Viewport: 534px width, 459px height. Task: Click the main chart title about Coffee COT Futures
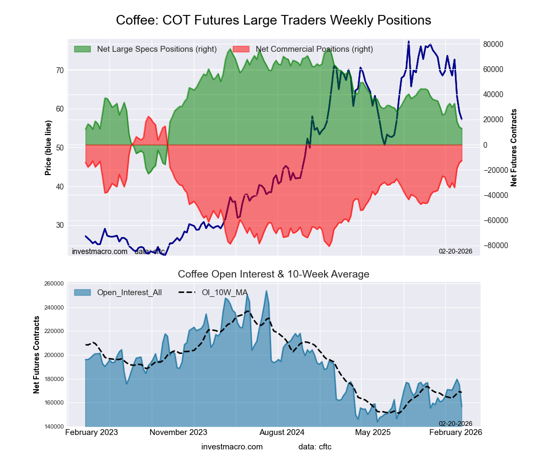(x=273, y=20)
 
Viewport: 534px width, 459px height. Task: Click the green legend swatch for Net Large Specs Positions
(x=82, y=49)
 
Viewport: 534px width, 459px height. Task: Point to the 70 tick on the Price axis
(x=59, y=70)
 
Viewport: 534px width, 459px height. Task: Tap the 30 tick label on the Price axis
(x=59, y=225)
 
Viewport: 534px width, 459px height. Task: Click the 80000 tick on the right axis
(x=494, y=44)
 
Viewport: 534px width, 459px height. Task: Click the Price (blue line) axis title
(x=48, y=148)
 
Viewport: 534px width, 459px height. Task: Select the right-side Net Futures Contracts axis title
(x=514, y=148)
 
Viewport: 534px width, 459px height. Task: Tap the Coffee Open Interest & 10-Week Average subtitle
(x=273, y=274)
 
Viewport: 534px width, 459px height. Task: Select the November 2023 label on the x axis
(x=178, y=432)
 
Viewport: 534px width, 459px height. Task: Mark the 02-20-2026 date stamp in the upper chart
(x=456, y=251)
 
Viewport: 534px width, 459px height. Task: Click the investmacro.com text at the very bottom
(x=232, y=446)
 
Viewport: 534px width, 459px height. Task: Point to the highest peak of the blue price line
(x=409, y=42)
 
